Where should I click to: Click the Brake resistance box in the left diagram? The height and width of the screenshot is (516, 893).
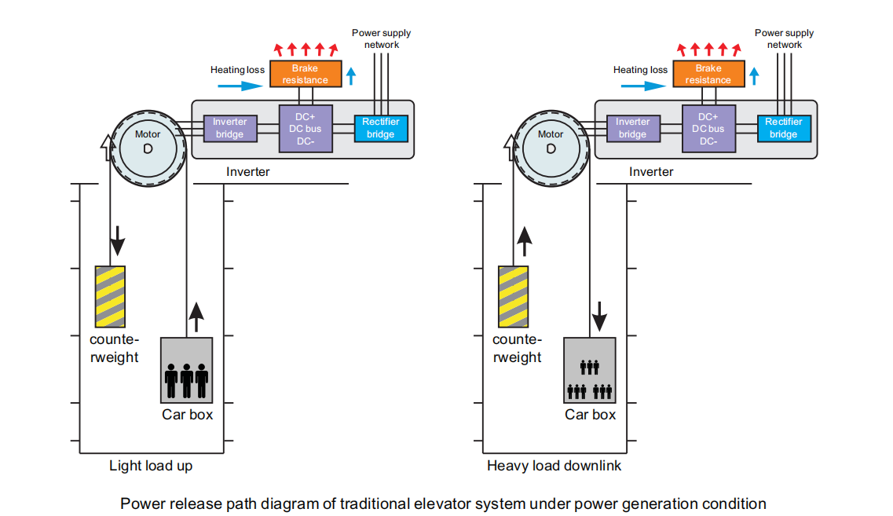point(306,74)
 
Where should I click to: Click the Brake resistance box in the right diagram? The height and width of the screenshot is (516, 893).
point(708,74)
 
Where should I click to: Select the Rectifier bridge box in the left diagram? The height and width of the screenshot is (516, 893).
point(381,128)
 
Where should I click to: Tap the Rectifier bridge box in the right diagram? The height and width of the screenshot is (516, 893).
point(783,128)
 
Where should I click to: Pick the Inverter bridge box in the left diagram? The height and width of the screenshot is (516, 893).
point(229,128)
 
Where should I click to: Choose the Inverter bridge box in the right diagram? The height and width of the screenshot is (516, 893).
point(632,128)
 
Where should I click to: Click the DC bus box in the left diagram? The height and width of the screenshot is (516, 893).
point(306,128)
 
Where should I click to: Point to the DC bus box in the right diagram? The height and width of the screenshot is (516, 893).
point(708,128)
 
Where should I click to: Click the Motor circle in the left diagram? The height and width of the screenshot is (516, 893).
point(148,146)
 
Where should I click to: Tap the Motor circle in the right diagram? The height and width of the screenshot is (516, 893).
point(551,146)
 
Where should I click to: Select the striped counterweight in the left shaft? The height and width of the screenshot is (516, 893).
point(110,296)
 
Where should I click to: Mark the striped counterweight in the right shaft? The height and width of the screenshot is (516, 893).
point(513,296)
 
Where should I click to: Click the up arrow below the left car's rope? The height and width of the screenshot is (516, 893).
point(196,316)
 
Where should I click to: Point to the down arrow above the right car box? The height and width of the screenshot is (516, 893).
point(600,317)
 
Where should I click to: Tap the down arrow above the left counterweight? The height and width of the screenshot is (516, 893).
point(117,241)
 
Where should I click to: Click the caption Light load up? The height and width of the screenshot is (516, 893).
point(150,466)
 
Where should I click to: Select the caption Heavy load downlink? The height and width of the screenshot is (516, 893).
point(554,466)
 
